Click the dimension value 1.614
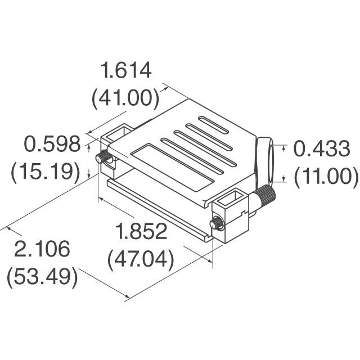coord(125,71)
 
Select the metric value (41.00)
coord(125,98)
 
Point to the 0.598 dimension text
coord(52,145)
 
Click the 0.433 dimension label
coord(322,149)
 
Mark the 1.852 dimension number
coord(141,232)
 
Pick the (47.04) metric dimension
coord(141,259)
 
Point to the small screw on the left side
coord(103,159)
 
